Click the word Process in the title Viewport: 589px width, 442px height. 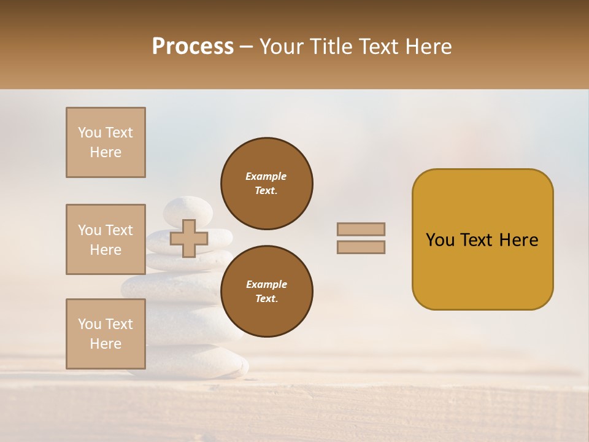click(193, 47)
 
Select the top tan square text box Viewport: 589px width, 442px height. click(106, 142)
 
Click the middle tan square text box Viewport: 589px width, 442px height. click(106, 239)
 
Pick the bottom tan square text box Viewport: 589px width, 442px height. click(106, 333)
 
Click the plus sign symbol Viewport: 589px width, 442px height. click(188, 238)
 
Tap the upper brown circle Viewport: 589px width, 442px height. click(267, 184)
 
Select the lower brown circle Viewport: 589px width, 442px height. click(267, 292)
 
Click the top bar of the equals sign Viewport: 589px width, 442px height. click(361, 229)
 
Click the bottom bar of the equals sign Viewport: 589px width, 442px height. click(361, 247)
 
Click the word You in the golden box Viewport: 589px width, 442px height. click(440, 240)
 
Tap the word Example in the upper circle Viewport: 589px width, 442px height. click(266, 177)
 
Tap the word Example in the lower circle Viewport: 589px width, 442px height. click(266, 285)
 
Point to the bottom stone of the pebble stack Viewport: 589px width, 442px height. click(202, 363)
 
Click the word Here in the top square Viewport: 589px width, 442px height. click(106, 152)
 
